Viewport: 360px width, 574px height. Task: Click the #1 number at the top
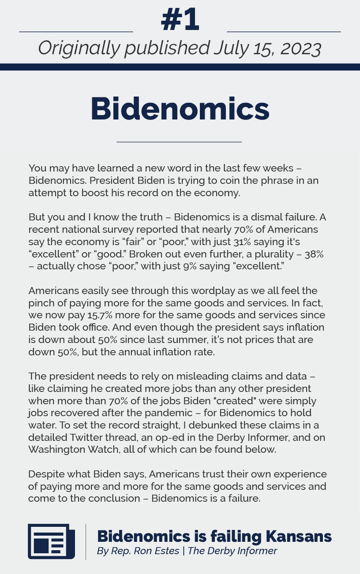tap(180, 20)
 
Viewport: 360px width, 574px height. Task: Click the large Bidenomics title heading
tap(180, 108)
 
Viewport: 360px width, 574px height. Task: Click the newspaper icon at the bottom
tap(51, 541)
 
